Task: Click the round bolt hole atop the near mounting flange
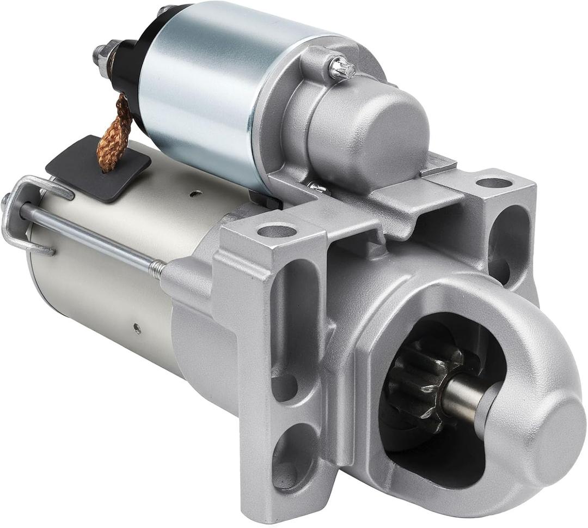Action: [x=277, y=231]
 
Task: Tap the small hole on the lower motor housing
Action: [x=137, y=328]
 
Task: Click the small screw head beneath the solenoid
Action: [x=319, y=189]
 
